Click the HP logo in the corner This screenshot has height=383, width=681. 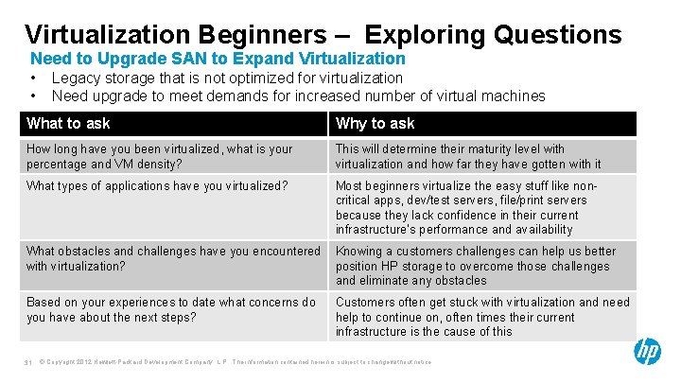tap(648, 351)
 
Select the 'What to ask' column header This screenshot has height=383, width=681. tap(68, 124)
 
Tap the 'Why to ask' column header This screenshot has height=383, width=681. tap(375, 124)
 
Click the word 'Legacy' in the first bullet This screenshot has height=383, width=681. tap(75, 78)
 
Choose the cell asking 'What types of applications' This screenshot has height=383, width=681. tap(157, 185)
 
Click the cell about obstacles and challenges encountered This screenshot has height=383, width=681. tap(173, 258)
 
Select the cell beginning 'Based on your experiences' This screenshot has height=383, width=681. tap(171, 309)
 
